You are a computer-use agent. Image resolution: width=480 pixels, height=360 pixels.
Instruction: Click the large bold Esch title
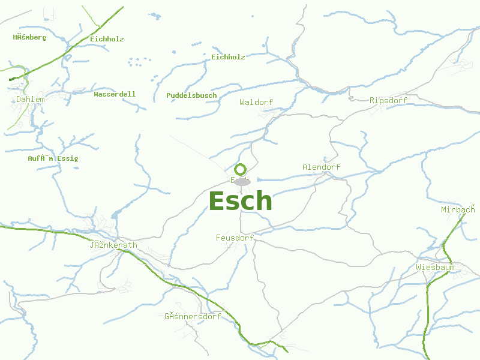240,201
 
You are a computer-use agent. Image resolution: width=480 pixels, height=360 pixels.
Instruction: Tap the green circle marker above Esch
241,169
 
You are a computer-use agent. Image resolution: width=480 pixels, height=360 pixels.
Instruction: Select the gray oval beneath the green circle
242,181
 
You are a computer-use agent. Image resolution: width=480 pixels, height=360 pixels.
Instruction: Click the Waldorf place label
256,103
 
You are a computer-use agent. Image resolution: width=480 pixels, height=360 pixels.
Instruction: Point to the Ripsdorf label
389,100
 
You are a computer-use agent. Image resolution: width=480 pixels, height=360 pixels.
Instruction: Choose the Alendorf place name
321,167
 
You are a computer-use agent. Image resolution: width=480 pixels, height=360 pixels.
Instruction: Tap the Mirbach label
458,209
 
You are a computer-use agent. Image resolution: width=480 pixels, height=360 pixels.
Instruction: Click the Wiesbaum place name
435,267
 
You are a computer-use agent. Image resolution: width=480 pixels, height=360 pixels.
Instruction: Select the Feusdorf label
235,238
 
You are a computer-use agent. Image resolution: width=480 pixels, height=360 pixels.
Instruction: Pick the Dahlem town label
31,100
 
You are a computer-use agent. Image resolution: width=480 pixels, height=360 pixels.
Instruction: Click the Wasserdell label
115,94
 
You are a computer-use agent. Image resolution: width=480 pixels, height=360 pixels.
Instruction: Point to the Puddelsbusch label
191,95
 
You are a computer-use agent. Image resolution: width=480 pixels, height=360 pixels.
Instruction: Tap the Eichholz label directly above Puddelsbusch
228,57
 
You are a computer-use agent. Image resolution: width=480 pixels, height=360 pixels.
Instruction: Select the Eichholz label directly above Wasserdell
107,39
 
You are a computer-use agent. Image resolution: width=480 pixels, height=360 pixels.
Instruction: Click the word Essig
68,159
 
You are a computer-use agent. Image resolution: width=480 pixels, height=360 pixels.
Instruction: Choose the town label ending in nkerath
113,245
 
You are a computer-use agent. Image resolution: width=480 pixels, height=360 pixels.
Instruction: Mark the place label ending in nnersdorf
193,316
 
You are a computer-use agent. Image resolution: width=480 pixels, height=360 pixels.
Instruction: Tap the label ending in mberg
29,37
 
